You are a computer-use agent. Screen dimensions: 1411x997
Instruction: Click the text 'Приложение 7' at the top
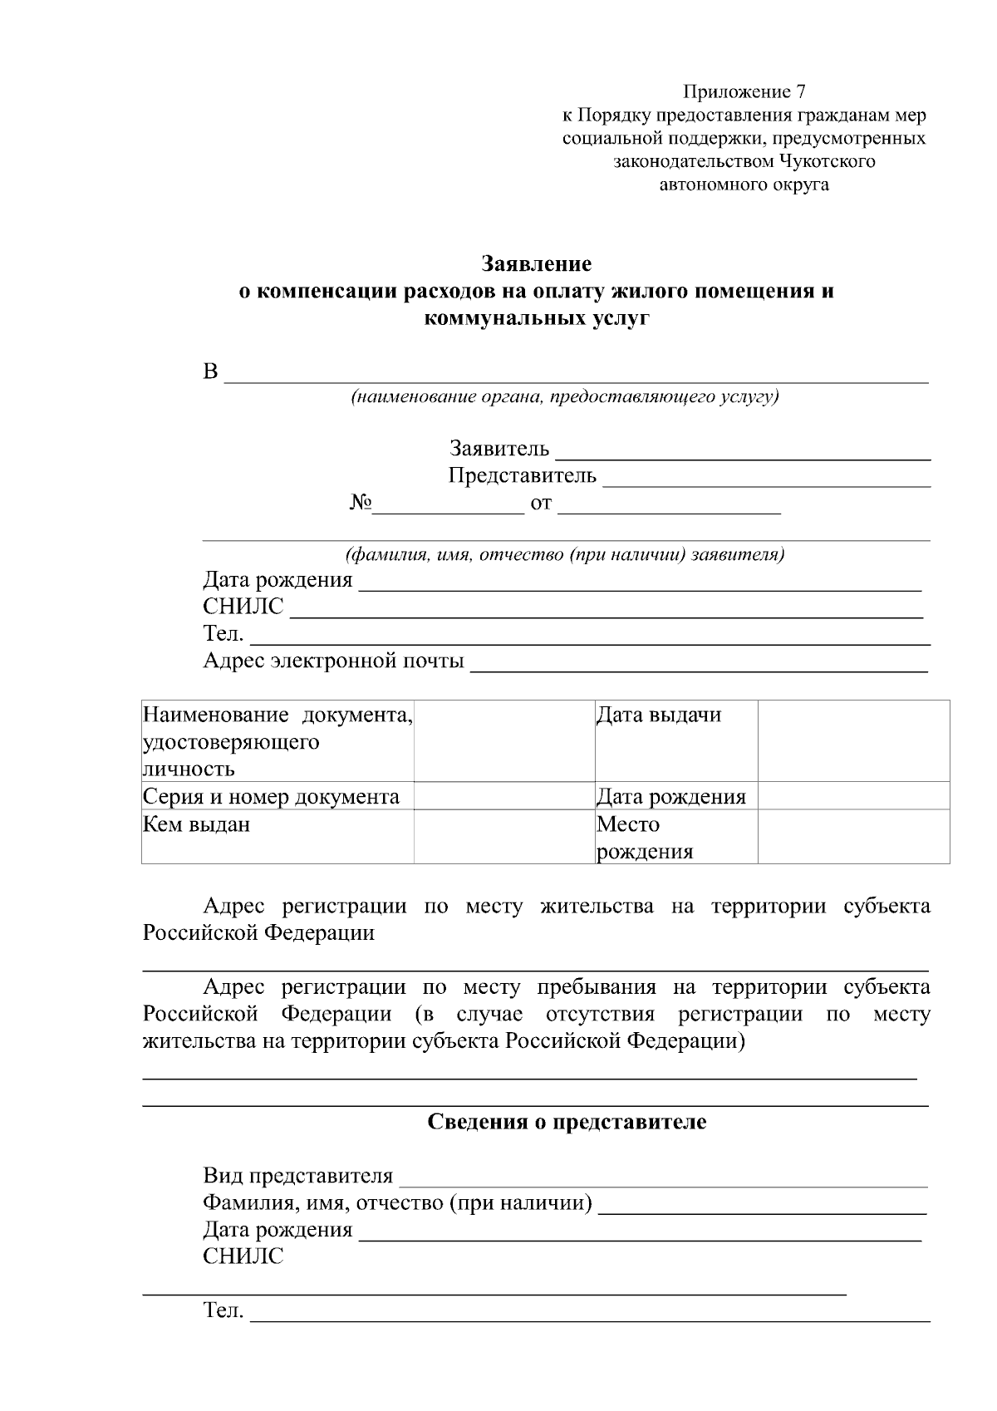[744, 91]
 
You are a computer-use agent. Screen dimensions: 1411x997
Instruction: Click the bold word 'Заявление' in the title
[537, 264]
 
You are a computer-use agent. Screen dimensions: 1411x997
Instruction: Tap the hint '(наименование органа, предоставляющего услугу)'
[564, 396]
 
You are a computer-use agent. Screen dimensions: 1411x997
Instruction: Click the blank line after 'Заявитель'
[742, 453]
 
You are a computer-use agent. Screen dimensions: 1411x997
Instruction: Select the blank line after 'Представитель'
[765, 479]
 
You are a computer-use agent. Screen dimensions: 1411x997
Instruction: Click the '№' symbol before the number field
[360, 504]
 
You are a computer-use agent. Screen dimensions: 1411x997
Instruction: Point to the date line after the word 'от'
[669, 508]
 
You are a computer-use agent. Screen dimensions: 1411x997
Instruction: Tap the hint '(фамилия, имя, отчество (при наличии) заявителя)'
[564, 554]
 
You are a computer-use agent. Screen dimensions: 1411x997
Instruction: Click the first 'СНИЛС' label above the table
[243, 607]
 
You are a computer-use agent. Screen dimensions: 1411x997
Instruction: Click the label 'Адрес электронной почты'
[333, 661]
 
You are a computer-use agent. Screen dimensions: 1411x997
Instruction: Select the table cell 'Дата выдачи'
[659, 715]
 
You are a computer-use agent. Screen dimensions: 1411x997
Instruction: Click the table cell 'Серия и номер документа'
[271, 797]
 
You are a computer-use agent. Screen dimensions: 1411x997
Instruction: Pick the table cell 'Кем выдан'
[196, 825]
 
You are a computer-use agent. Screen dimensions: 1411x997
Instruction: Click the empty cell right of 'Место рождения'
[853, 837]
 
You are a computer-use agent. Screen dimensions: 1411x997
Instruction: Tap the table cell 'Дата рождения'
[670, 797]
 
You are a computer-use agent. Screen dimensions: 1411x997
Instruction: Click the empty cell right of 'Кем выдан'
[504, 837]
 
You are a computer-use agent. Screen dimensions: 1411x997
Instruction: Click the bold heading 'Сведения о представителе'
[567, 1123]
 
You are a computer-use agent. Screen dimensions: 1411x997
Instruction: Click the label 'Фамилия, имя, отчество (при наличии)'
[397, 1203]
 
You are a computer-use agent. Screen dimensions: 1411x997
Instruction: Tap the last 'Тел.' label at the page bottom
[223, 1311]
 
